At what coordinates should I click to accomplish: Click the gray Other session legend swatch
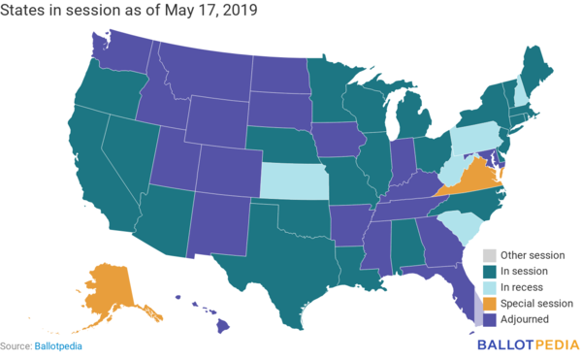coord(491,255)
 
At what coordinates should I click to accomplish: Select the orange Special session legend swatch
coord(491,303)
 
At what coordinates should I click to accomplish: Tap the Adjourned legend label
coord(526,319)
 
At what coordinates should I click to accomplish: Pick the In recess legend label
coord(524,287)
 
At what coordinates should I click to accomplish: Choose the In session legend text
coord(525,272)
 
